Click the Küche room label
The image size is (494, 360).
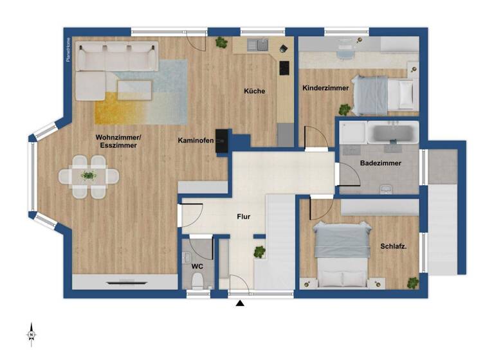(x=254, y=91)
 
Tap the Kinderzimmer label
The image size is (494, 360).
(x=325, y=87)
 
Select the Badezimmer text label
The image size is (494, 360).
(x=381, y=163)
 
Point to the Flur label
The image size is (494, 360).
(x=243, y=217)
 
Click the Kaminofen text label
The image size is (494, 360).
(x=196, y=140)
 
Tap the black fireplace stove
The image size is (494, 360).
(x=222, y=141)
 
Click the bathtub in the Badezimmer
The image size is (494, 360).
(x=392, y=134)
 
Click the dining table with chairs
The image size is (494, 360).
(x=89, y=174)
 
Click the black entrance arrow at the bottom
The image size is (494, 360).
(x=240, y=304)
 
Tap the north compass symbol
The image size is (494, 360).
(x=31, y=335)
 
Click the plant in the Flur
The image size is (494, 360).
(x=259, y=250)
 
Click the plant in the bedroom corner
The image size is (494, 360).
(x=412, y=282)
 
